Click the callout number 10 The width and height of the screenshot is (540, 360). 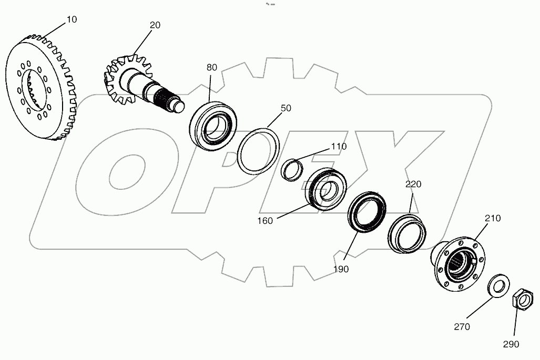(72, 19)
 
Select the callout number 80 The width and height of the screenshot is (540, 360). (211, 67)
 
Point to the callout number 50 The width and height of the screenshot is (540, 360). (286, 108)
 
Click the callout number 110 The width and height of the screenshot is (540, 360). (339, 147)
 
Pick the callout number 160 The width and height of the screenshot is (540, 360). (265, 221)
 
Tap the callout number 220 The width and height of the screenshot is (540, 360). (413, 184)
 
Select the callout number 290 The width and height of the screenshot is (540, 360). (510, 344)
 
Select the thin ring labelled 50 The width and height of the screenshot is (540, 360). (258, 149)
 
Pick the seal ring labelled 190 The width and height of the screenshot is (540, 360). (368, 211)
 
